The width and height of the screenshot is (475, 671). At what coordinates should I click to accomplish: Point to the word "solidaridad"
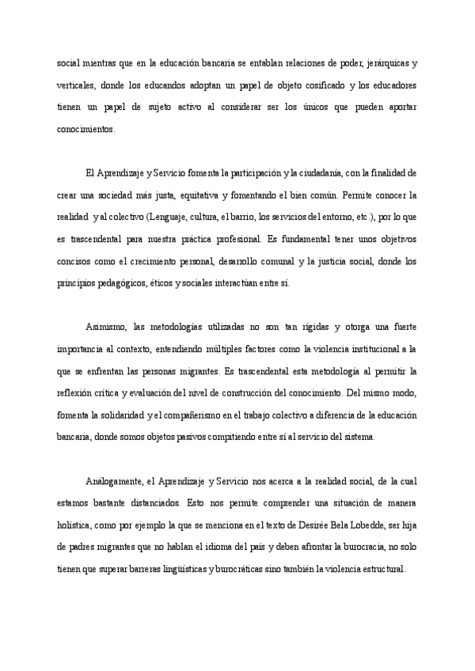[x=116, y=414]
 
